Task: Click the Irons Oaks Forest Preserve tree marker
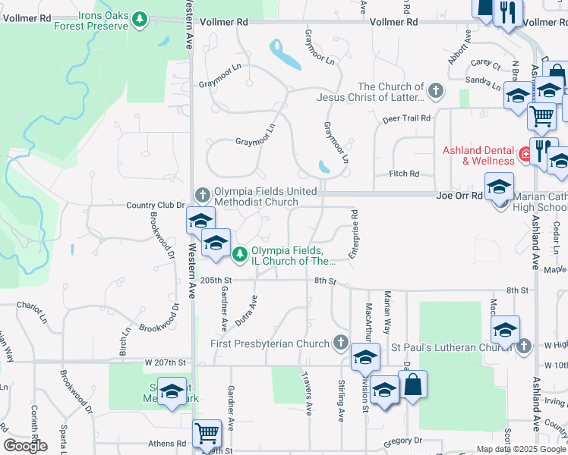tap(139, 17)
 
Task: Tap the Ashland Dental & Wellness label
tap(479, 155)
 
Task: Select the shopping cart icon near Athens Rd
tap(207, 433)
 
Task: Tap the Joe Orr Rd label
tap(460, 196)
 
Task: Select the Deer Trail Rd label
tap(406, 118)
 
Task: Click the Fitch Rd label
tap(403, 174)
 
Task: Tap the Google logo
tap(25, 445)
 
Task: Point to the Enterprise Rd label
tap(353, 234)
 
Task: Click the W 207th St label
tap(166, 362)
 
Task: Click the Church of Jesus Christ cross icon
tap(435, 92)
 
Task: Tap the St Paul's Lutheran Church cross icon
tap(522, 347)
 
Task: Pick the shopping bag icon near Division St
tap(412, 385)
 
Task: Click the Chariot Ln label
tap(33, 306)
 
